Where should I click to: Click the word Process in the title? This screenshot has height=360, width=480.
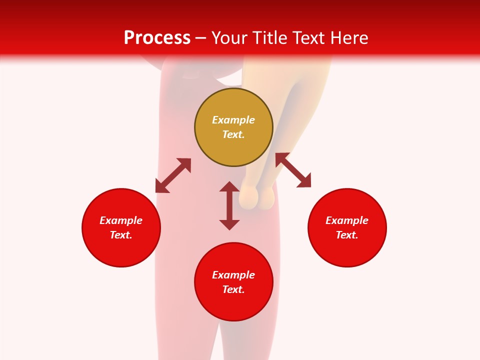coord(157,38)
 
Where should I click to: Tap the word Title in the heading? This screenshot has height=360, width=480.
coord(268,38)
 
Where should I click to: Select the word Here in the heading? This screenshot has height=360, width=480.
coord(348,38)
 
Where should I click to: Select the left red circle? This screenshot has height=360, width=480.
coord(121,250)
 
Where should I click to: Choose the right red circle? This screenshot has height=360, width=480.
coord(347,250)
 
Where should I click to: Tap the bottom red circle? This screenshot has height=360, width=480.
coord(233,305)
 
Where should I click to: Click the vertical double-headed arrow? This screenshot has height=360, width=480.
coord(229,205)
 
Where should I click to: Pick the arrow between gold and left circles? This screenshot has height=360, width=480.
coord(173,175)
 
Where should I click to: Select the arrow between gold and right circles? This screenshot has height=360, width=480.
coord(293,170)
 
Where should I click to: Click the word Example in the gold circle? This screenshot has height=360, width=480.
coord(233,120)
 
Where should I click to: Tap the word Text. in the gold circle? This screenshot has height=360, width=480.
coord(233,134)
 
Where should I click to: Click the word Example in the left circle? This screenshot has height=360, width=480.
coord(121,220)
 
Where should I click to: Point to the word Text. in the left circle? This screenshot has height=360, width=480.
coord(121,235)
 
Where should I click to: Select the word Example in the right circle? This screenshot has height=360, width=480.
coord(347,220)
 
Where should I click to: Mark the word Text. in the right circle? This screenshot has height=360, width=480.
coord(347,235)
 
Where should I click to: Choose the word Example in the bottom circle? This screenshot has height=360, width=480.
coord(233,275)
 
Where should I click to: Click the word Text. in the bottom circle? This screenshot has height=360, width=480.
coord(233,289)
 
